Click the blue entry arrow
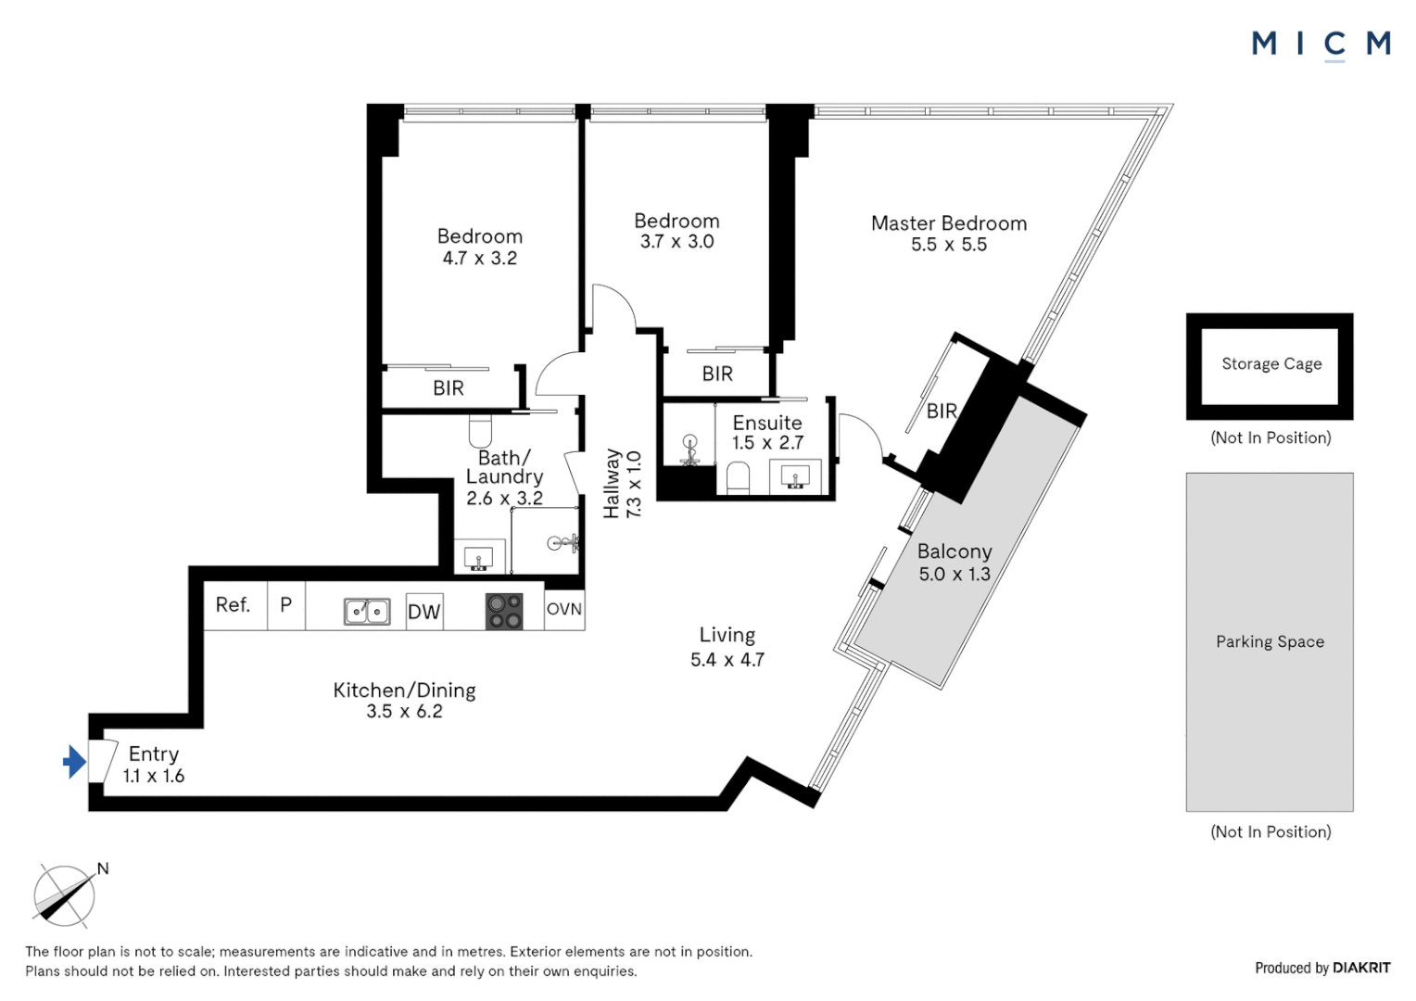[x=74, y=761]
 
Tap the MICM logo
[x=1321, y=45]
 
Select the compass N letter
[x=103, y=868]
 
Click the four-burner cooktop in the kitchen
[x=504, y=611]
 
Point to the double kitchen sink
[x=367, y=612]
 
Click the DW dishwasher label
[x=424, y=612]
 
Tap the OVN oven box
[x=563, y=609]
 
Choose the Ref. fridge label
[x=233, y=605]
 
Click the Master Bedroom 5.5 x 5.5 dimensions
[x=948, y=244]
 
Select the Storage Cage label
[x=1271, y=363]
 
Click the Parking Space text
[x=1270, y=641]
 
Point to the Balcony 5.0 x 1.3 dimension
[x=954, y=574]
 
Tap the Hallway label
[x=612, y=484]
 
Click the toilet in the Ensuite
[x=738, y=477]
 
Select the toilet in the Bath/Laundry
[x=481, y=430]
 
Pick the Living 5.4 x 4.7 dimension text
[x=727, y=660]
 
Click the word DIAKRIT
[x=1361, y=968]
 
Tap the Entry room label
[x=154, y=754]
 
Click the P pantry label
[x=285, y=604]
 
